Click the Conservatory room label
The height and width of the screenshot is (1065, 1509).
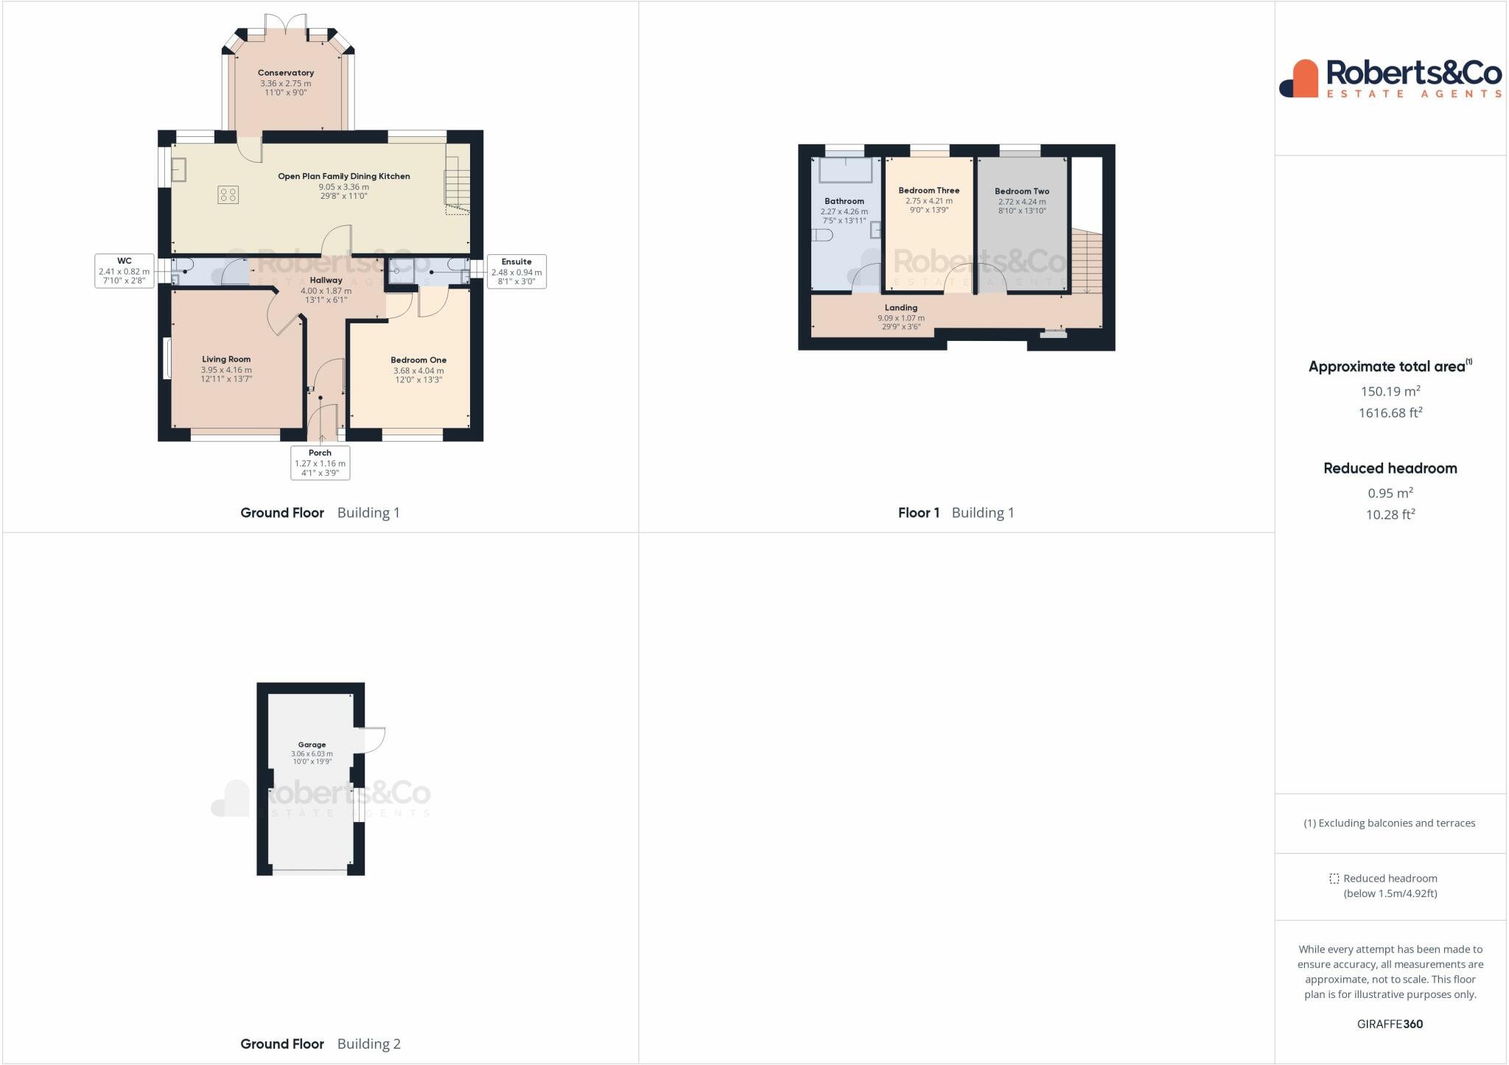(x=286, y=73)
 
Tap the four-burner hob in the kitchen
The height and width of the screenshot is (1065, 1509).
(x=228, y=194)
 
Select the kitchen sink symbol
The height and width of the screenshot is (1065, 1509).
(x=179, y=170)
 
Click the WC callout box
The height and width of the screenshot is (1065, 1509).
(x=124, y=271)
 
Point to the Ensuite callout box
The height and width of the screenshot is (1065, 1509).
(x=516, y=272)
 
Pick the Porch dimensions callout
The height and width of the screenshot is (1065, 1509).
(x=320, y=463)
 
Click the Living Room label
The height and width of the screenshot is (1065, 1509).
(x=226, y=359)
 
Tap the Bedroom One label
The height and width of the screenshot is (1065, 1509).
(x=419, y=360)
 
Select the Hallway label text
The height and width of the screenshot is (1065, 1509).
(x=326, y=281)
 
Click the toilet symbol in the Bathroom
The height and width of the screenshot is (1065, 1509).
(x=823, y=235)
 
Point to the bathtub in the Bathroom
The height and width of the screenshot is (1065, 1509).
(x=845, y=170)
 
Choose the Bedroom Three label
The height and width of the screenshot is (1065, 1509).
(x=928, y=191)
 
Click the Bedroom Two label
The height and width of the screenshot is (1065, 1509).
(x=1022, y=191)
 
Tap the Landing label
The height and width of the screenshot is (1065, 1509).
(x=900, y=308)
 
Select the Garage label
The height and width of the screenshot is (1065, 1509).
(x=312, y=745)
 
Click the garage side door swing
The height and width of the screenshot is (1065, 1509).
(x=371, y=739)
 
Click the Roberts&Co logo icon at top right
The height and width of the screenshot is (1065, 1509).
(x=1298, y=79)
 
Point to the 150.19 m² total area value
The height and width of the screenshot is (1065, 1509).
(x=1390, y=391)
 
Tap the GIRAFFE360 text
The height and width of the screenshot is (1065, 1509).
(x=1390, y=1024)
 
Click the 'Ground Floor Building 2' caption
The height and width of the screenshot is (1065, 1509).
(x=321, y=1044)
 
